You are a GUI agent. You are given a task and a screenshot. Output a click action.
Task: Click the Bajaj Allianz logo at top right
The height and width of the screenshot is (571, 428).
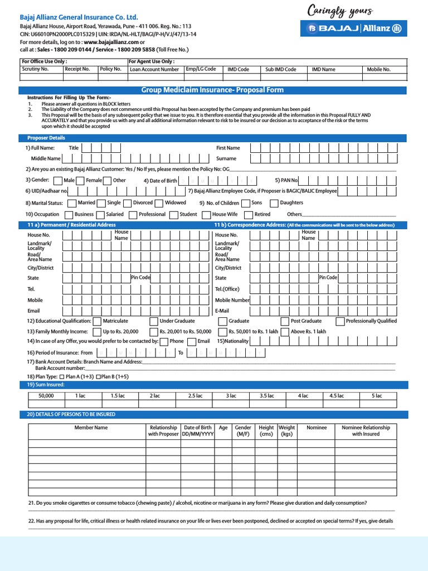click(x=354, y=28)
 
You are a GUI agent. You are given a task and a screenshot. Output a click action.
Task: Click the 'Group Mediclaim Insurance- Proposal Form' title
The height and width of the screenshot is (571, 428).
click(x=212, y=90)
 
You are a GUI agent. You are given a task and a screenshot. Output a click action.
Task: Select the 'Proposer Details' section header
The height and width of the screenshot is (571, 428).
click(x=46, y=138)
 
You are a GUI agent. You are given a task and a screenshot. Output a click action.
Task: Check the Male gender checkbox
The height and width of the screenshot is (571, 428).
click(x=58, y=181)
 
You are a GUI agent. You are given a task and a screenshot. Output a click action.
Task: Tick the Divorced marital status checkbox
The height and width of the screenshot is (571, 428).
click(x=128, y=203)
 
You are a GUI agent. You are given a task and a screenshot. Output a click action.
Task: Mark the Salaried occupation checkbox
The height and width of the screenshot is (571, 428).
click(x=101, y=215)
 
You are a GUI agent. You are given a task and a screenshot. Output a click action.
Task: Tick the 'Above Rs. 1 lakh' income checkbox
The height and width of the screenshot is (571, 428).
click(x=285, y=332)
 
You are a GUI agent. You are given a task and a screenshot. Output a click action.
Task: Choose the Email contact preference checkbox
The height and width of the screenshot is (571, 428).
click(x=192, y=342)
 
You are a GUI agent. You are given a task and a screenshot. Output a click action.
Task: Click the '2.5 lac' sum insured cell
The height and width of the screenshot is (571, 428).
click(x=195, y=396)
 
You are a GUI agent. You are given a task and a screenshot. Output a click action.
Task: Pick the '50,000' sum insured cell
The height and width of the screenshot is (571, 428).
click(x=46, y=396)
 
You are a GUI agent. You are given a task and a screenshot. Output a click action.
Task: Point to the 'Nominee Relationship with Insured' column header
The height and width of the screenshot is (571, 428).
click(x=366, y=430)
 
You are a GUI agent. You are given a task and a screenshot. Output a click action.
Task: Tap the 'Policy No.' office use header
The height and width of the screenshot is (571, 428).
click(x=110, y=69)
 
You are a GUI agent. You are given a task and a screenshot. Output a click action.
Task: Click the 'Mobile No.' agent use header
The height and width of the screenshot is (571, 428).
click(x=379, y=70)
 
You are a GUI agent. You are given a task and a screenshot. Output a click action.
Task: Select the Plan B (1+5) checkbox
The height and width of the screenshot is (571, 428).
click(x=99, y=377)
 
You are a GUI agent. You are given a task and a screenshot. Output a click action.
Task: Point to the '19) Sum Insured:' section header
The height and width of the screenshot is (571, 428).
click(x=46, y=385)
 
